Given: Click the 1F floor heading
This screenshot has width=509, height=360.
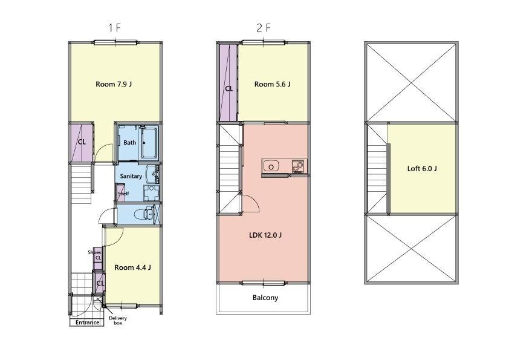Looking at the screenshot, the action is click(115, 28).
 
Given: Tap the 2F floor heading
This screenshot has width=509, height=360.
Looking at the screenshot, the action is click(263, 28).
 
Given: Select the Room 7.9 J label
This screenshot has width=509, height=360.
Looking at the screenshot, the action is click(114, 84).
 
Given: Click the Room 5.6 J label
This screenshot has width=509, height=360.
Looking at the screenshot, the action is click(273, 84).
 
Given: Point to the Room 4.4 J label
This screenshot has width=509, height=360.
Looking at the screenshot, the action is click(132, 267).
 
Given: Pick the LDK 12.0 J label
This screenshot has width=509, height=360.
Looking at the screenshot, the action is click(265, 235).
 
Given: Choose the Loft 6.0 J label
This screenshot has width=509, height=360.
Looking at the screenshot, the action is click(422, 169).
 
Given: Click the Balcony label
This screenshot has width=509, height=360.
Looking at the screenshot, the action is click(265, 298).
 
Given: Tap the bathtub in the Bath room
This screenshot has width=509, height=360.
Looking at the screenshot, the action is click(149, 143).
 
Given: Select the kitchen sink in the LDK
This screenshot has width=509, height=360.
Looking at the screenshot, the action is click(271, 166).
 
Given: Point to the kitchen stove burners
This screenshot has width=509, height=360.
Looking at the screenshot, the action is click(297, 166).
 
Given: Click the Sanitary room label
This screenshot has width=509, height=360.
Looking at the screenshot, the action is click(131, 176).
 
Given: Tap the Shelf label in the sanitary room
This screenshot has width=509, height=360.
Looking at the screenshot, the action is click(123, 194).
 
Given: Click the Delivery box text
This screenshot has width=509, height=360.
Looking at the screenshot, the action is click(118, 320).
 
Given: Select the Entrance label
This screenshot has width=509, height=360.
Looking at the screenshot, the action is click(87, 322).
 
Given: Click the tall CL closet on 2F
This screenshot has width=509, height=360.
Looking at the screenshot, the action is click(229, 82).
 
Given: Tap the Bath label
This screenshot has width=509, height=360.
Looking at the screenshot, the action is click(129, 142).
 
